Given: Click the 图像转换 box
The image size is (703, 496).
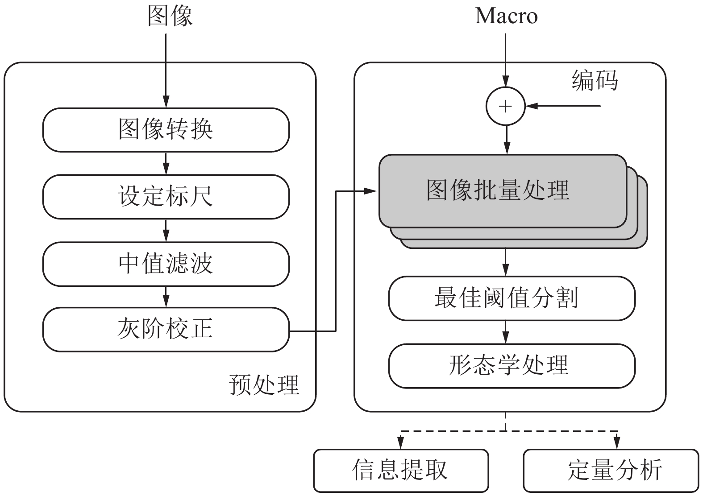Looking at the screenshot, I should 166,130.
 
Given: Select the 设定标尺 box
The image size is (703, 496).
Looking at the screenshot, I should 166,197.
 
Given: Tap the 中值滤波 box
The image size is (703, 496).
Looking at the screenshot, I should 166,264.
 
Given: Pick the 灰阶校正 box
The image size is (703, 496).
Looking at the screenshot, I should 166,330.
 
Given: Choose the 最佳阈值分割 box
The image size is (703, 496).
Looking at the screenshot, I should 512,298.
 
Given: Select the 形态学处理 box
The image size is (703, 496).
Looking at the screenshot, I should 512,365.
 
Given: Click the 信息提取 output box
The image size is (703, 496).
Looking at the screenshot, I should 400,470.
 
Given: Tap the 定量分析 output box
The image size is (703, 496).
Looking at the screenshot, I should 610,470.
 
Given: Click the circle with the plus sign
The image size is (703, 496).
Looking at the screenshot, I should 505,107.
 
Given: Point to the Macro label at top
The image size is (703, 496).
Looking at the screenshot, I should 506,16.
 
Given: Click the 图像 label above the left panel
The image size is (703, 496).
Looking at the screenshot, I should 170,16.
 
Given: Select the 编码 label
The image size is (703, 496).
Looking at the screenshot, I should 595,81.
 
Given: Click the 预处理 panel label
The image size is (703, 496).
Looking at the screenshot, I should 264,384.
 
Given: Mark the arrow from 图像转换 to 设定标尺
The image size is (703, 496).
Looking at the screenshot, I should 166,164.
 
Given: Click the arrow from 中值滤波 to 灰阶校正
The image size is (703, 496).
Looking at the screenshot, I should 166,297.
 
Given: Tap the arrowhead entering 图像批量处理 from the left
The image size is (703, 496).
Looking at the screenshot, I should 371,191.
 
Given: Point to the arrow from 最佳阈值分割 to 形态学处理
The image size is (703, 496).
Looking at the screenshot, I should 505,332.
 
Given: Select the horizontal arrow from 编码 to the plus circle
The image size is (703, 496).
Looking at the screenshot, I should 565,106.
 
